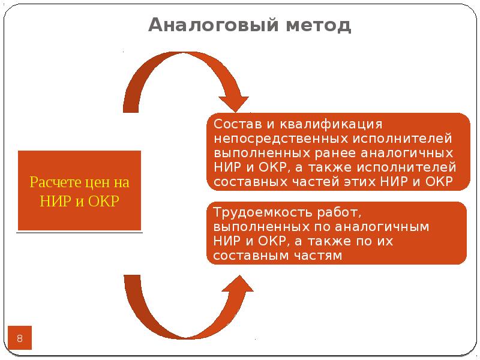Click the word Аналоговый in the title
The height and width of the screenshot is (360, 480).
214,25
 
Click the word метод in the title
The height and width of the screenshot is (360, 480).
319,26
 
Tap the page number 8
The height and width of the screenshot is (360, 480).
20,338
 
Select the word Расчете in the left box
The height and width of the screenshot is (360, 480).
55,182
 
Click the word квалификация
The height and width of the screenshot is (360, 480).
331,125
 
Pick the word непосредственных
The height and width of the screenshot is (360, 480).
281,139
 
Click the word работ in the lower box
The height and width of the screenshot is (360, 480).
339,212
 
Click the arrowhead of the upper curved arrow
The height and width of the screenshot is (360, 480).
234,103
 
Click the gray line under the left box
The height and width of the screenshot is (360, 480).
80,233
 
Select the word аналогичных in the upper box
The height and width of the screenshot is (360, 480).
407,154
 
